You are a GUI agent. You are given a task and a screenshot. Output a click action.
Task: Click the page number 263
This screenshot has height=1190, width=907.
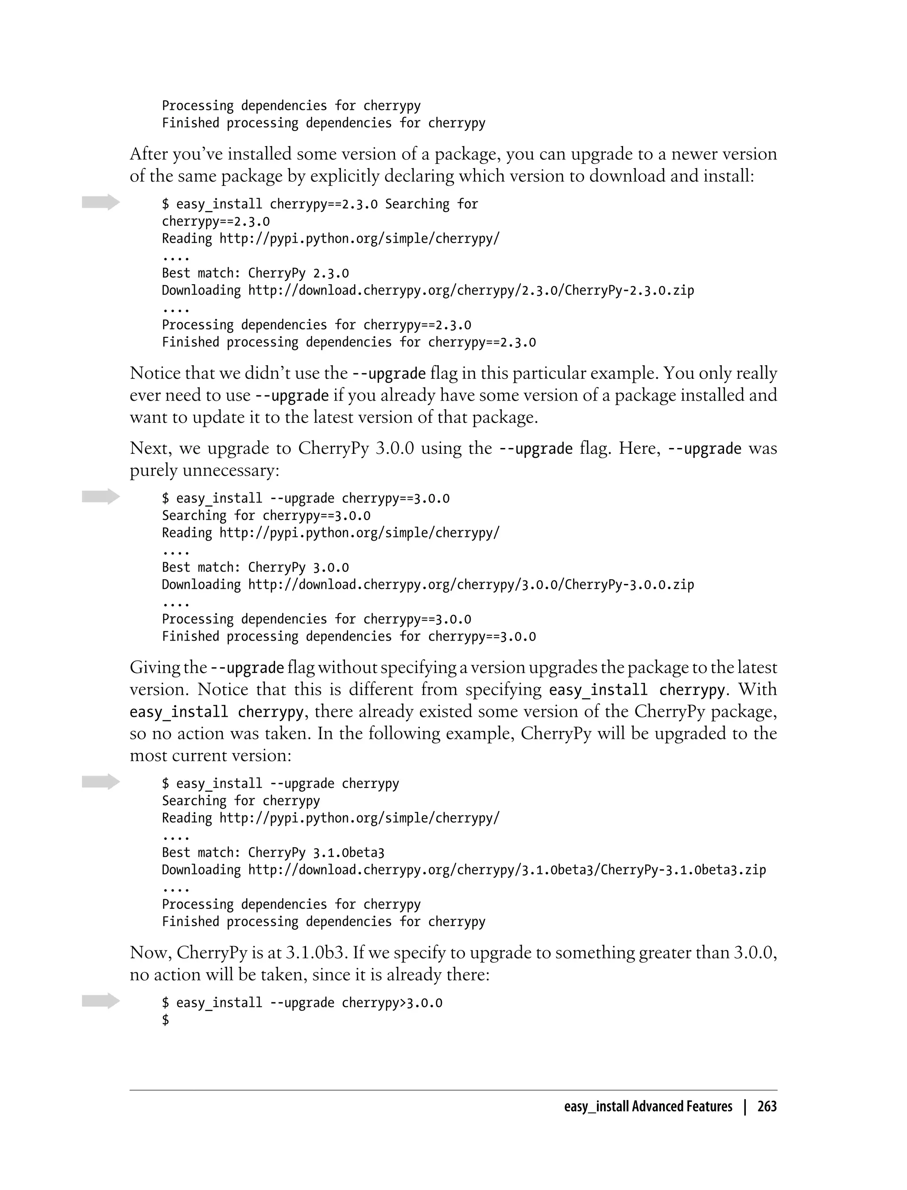(x=767, y=1106)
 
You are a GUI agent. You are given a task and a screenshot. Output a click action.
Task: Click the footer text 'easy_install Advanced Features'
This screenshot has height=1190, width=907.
(x=648, y=1106)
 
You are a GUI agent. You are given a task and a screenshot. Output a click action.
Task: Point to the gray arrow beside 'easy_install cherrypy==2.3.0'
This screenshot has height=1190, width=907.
(x=101, y=202)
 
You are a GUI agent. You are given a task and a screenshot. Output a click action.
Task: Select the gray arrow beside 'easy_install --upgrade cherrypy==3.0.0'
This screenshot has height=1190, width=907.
(x=101, y=497)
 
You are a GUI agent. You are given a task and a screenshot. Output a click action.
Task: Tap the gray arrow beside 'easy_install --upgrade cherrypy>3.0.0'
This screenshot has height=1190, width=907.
(x=101, y=1001)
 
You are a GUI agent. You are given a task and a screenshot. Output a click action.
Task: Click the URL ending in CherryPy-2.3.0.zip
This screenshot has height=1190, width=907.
(x=471, y=290)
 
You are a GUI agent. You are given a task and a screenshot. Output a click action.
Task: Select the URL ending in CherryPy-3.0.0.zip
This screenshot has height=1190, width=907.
(x=471, y=584)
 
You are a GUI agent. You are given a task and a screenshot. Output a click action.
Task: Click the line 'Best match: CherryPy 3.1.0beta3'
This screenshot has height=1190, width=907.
(x=273, y=852)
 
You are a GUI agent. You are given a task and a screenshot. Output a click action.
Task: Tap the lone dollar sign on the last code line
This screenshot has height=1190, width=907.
(x=165, y=1020)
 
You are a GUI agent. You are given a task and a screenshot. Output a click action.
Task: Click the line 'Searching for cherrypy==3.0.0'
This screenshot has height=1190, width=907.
(x=266, y=515)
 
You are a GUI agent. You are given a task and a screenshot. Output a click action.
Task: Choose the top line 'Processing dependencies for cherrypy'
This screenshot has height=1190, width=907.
(x=291, y=106)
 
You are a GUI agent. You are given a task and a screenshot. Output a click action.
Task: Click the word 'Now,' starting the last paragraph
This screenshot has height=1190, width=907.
(x=151, y=953)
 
